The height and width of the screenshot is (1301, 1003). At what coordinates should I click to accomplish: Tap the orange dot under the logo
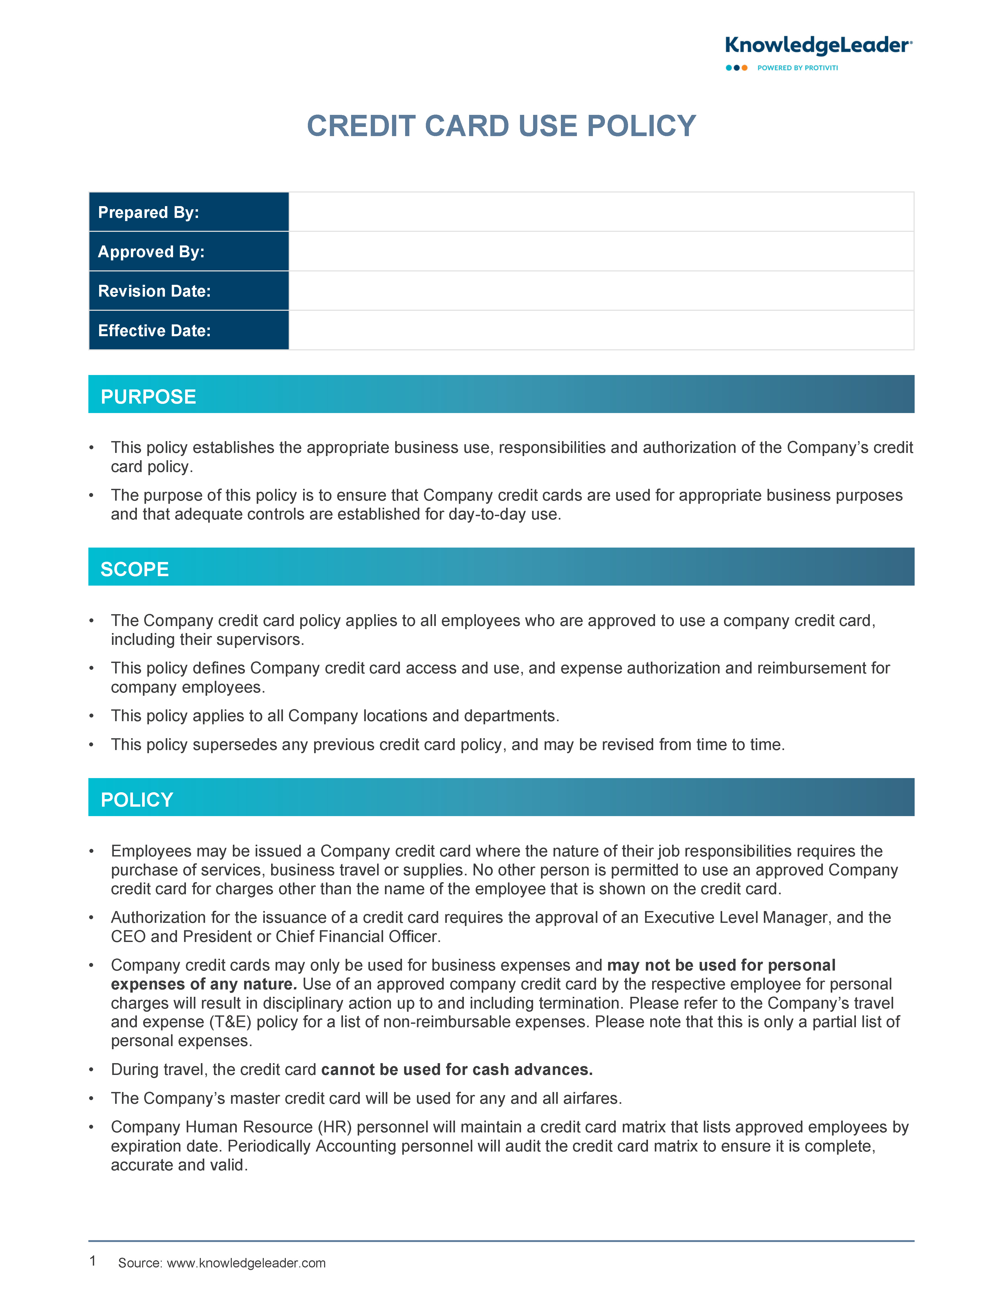point(744,68)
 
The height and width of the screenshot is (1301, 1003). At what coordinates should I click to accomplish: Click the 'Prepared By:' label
point(148,213)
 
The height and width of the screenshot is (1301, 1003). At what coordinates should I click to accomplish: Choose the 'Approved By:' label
point(151,252)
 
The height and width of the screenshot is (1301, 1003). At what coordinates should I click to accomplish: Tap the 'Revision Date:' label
point(154,291)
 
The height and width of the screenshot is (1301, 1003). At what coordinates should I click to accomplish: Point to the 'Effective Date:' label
point(154,331)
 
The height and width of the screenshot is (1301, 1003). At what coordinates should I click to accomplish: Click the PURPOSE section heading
point(148,397)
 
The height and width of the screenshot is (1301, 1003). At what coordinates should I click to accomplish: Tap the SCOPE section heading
point(135,570)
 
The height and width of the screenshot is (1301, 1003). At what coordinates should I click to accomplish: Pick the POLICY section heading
point(137,800)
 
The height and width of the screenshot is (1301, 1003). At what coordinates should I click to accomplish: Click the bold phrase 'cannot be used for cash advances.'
point(457,1070)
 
